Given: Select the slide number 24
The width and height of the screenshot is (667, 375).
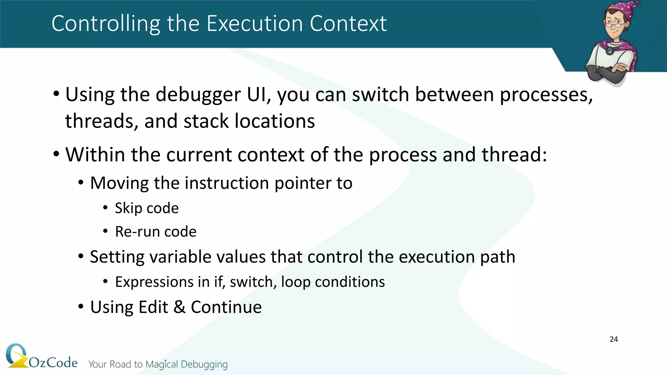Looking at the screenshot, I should pos(614,339).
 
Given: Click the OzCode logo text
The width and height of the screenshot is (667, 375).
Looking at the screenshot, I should pos(53,362).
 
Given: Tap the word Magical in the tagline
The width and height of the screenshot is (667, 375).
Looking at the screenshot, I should pos(162,364).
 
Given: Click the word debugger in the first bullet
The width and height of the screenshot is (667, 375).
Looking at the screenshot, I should pos(198,95).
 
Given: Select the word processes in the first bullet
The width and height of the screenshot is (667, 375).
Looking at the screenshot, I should pos(546,95).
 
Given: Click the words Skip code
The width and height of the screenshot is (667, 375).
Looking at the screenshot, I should pos(147,208).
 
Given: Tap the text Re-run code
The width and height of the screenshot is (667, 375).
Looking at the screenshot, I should pos(156,232).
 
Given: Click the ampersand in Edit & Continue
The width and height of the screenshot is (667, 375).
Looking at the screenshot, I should pos(179,307).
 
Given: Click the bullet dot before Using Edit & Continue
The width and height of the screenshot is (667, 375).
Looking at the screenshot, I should pos(81,307).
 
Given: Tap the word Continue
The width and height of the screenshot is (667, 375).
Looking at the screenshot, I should pos(226,307).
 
